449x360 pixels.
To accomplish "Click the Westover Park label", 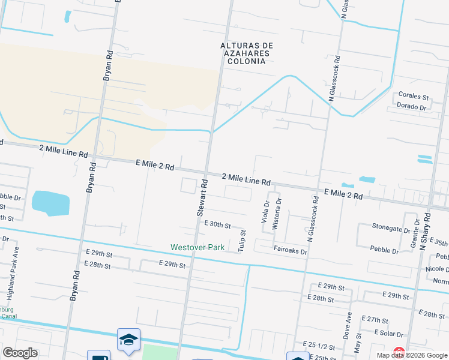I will point(197,247).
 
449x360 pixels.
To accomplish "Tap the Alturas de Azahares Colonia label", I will point(247,53).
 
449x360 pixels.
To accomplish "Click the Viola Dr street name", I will point(265,211).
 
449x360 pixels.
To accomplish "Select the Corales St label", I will point(414,96).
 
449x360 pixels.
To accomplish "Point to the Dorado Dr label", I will point(411,107).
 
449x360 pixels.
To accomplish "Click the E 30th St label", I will point(217,224).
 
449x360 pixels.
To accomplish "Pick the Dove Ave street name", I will point(349,326).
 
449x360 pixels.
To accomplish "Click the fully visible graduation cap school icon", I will point(129,340).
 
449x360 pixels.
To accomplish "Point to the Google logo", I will point(20,353).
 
